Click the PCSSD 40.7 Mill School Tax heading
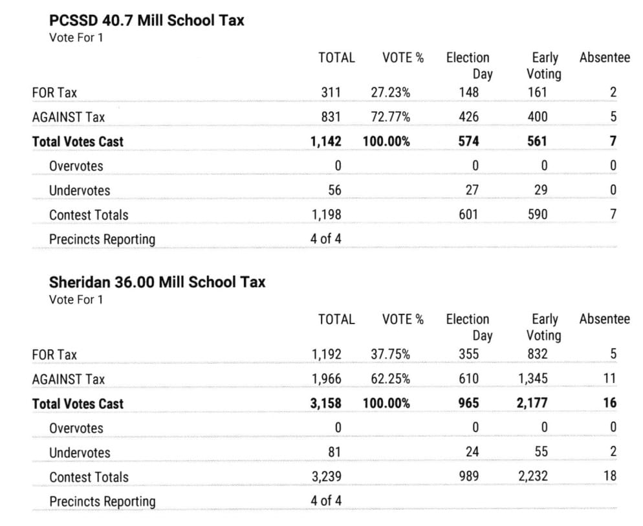coord(147,21)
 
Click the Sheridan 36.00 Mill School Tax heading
coord(157,283)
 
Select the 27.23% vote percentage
coord(390,93)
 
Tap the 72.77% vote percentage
coord(390,117)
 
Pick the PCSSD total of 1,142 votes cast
coord(326,142)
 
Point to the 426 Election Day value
coord(468,117)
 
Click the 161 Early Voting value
coord(537,93)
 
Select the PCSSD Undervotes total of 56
coord(334,191)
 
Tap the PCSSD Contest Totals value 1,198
coord(326,215)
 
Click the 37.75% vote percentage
coord(390,355)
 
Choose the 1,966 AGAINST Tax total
coord(326,379)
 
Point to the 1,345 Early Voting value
coord(532,379)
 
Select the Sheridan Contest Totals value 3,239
coord(326,477)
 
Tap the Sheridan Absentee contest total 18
coord(609,477)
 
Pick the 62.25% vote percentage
coord(390,379)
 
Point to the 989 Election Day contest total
coord(468,477)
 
